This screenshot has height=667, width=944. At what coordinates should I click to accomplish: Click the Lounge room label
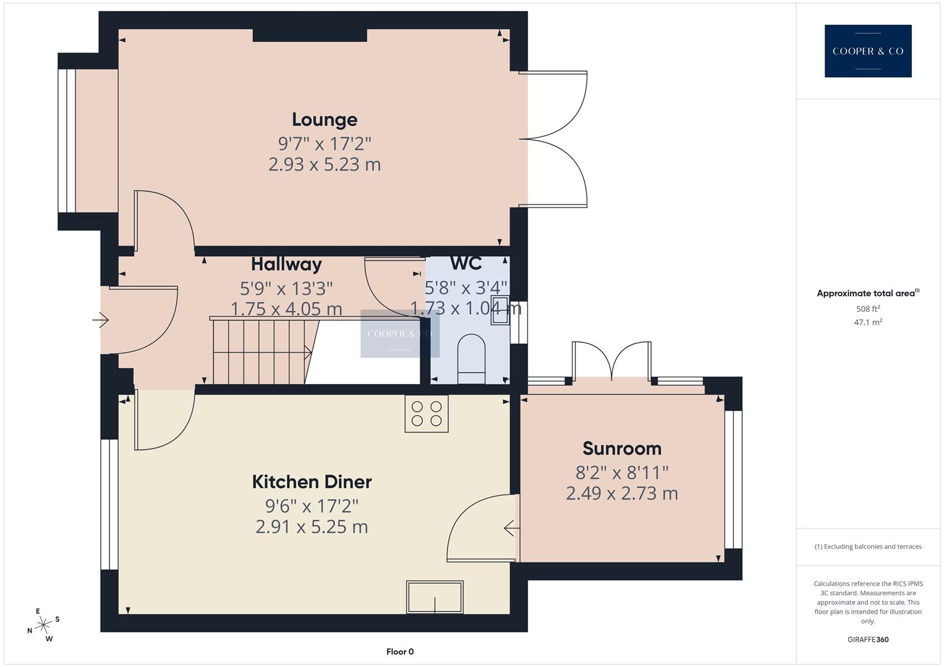(325, 119)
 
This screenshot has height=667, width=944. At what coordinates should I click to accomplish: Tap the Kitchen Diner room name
(312, 482)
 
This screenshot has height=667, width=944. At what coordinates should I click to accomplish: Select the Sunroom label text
(622, 448)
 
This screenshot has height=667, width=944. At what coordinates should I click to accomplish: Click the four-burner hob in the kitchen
(427, 414)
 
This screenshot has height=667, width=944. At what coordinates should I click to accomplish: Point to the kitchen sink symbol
(435, 597)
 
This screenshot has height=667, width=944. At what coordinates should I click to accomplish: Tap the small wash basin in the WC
(500, 311)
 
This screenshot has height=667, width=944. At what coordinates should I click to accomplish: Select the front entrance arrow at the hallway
(101, 320)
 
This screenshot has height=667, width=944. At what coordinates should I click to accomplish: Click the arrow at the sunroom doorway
(511, 529)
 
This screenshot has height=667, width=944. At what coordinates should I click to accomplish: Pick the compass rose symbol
(43, 625)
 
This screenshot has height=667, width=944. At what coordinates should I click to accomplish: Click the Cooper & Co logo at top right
(868, 51)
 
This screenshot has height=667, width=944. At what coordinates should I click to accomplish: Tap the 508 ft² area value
(868, 309)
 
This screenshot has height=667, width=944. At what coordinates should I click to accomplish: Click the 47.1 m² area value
(868, 322)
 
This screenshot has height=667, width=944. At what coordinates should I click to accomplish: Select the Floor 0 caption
(400, 652)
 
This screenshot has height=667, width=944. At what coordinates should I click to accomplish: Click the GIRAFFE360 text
(868, 640)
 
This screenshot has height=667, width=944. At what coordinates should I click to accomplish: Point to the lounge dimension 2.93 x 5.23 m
(325, 165)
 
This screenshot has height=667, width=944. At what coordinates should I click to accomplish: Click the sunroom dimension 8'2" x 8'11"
(622, 473)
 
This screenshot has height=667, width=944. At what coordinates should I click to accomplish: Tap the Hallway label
(286, 264)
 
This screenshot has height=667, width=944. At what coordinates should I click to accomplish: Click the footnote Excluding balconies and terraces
(868, 547)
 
